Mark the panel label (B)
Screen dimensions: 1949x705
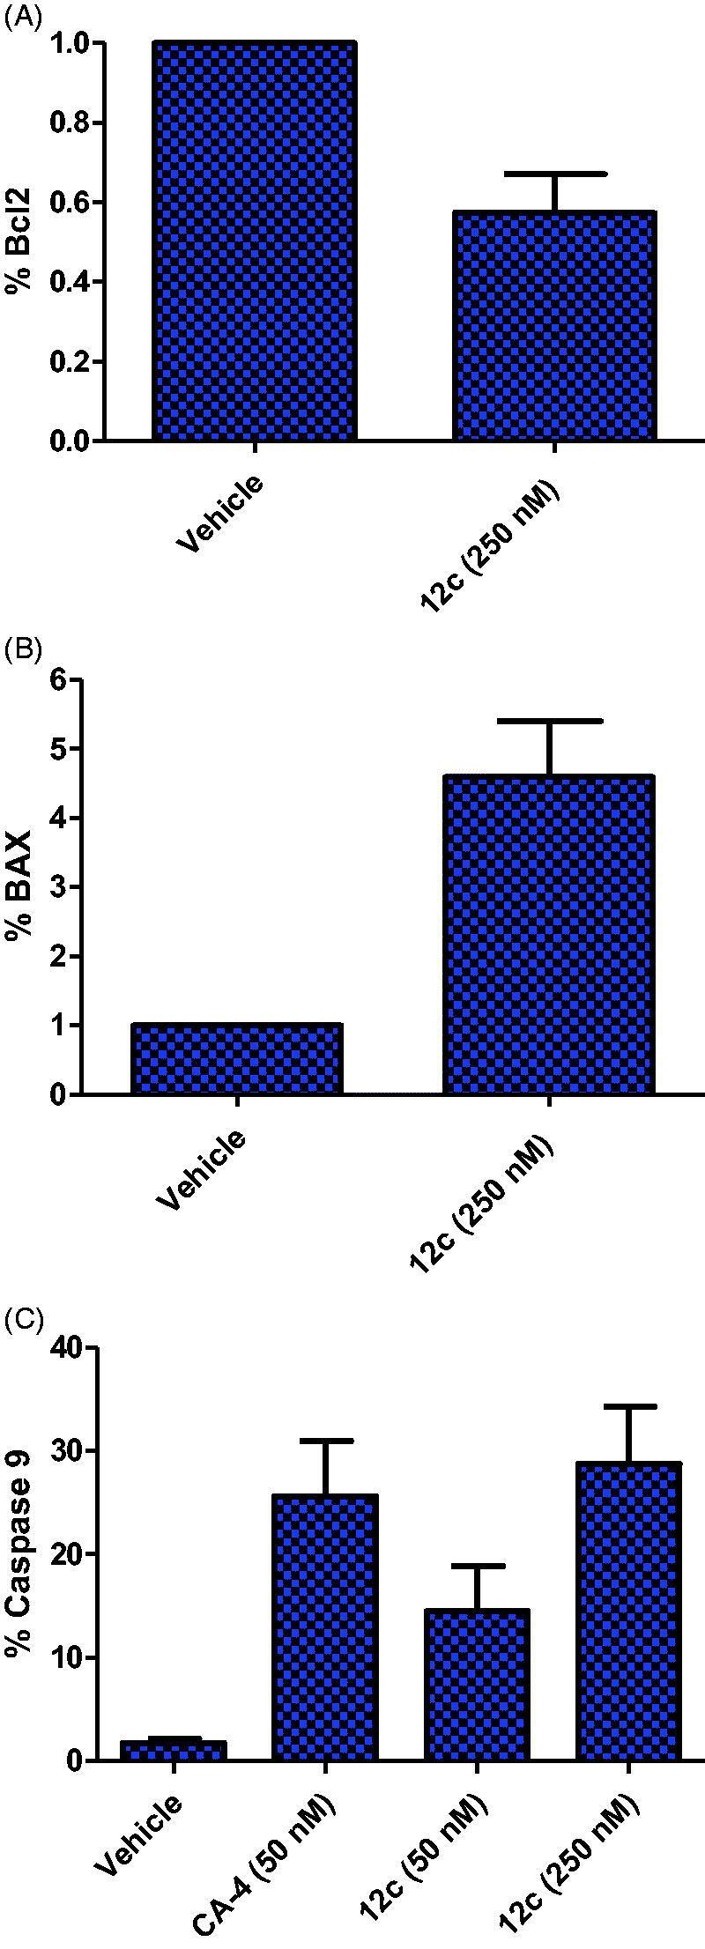[x=22, y=651]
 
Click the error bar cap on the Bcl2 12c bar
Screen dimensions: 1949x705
[x=554, y=174]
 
